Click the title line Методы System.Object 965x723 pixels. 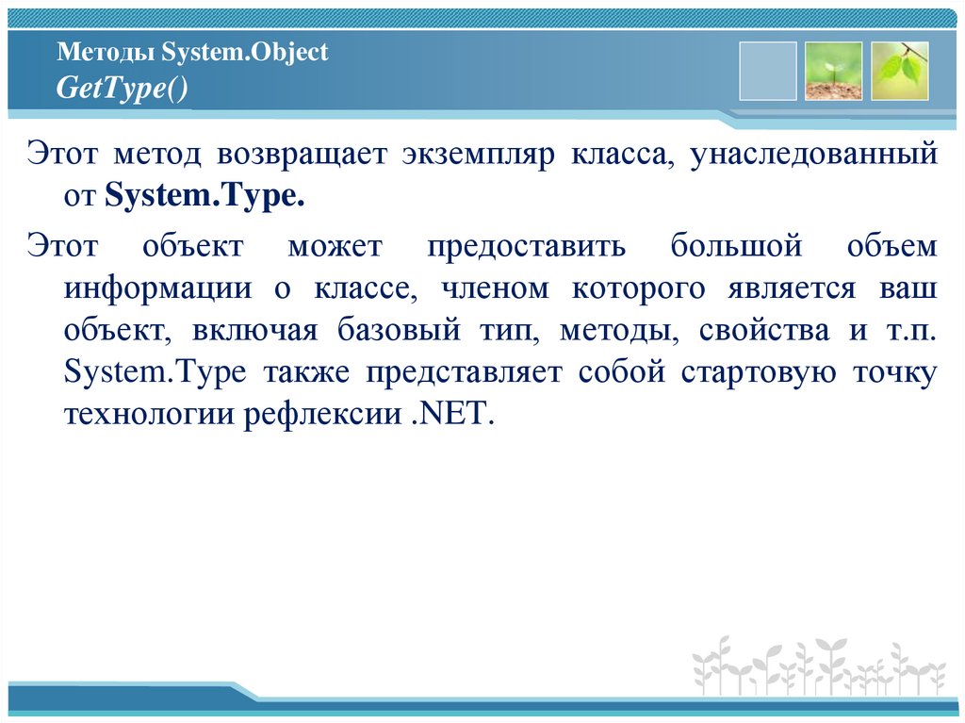click(192, 53)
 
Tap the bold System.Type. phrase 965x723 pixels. click(204, 197)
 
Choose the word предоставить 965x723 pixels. click(527, 246)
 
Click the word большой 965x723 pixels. click(736, 246)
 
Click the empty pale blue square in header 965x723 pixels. click(768, 71)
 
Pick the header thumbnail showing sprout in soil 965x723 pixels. click(834, 71)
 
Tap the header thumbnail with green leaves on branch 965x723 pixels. click(900, 71)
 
